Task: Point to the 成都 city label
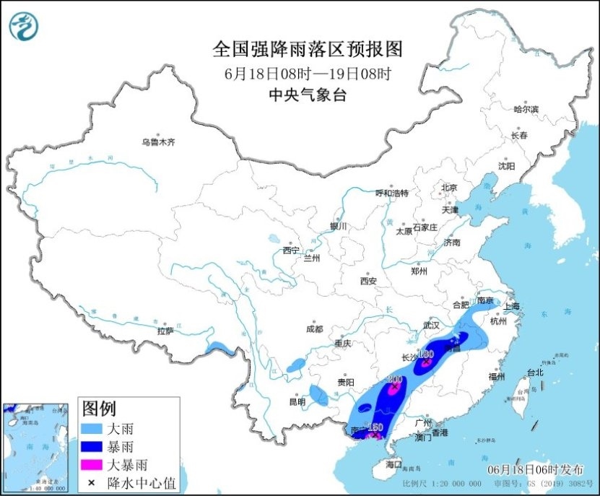[x=314, y=329]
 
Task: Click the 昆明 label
[x=297, y=401]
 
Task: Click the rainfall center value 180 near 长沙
[x=425, y=354]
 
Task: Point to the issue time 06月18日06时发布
[x=540, y=470]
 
